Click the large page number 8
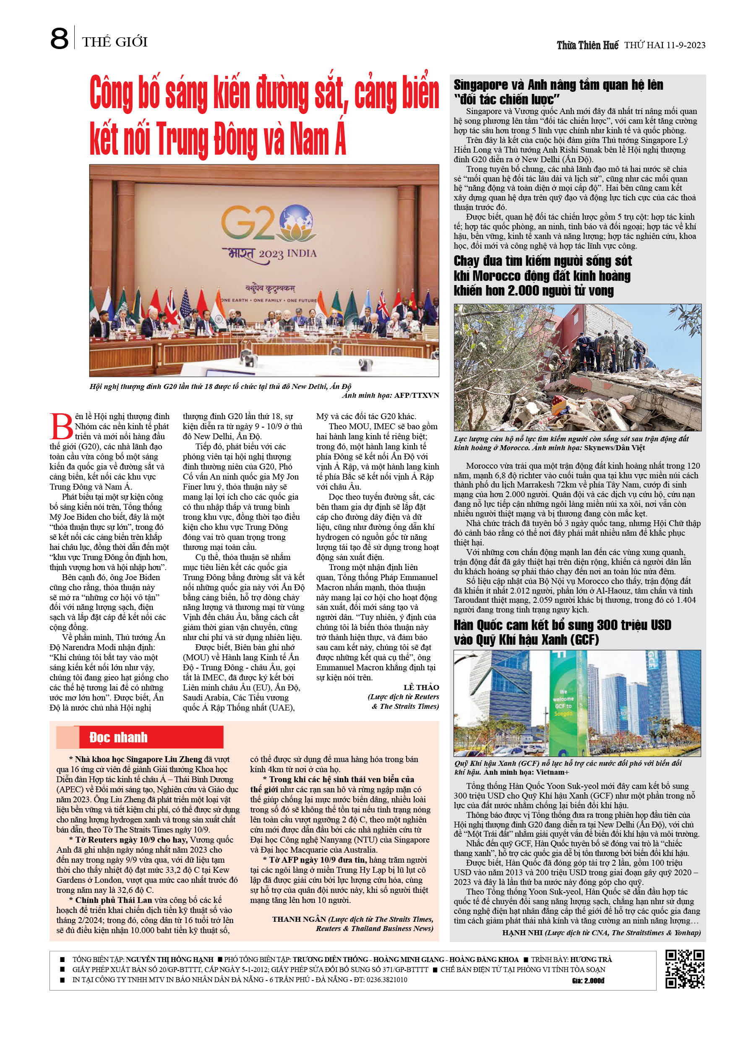59,39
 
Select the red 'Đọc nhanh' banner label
118,737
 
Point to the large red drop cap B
61,426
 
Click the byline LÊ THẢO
421,687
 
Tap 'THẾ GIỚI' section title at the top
115,42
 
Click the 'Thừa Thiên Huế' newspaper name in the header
587,45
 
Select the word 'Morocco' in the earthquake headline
499,276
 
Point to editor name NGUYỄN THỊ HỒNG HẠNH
169,959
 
